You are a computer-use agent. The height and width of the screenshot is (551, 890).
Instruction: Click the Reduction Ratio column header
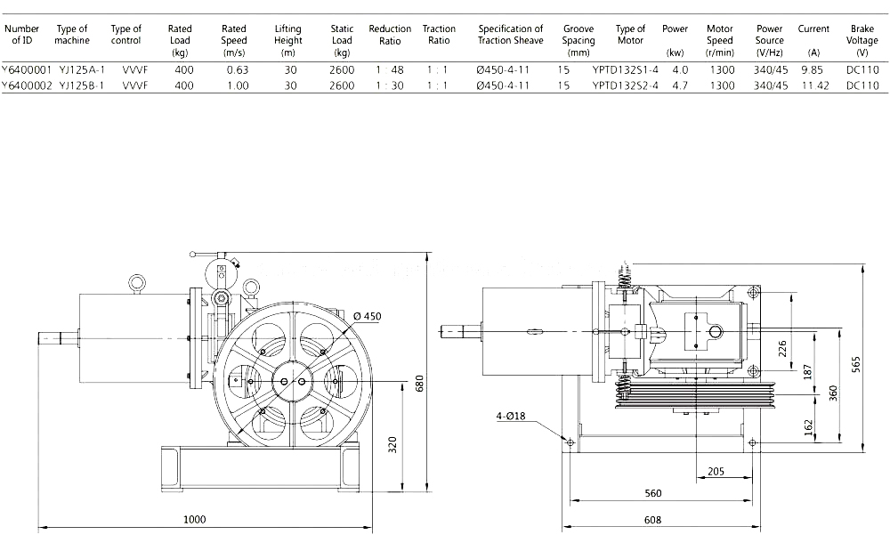click(390, 35)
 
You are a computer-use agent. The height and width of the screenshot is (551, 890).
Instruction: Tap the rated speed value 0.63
click(237, 69)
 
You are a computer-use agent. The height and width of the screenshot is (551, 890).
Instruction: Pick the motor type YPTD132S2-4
click(625, 85)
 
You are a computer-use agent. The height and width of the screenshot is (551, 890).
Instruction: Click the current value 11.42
click(813, 85)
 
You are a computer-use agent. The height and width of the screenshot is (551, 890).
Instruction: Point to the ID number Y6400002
click(20, 85)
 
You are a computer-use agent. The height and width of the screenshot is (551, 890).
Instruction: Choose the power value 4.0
click(680, 69)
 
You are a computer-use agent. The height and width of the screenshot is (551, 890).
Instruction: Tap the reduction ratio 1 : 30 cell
click(389, 85)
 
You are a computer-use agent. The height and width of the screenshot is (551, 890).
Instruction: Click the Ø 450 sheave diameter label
click(367, 316)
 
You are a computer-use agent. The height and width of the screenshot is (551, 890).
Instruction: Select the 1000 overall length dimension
click(194, 519)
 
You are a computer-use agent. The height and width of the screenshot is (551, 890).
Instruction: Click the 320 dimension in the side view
click(392, 444)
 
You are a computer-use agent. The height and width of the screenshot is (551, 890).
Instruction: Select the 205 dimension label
click(715, 471)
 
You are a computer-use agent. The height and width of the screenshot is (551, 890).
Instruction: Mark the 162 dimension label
click(807, 427)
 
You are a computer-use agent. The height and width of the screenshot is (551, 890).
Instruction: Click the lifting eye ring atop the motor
click(135, 283)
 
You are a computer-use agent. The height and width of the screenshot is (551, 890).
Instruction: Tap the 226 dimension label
click(782, 347)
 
